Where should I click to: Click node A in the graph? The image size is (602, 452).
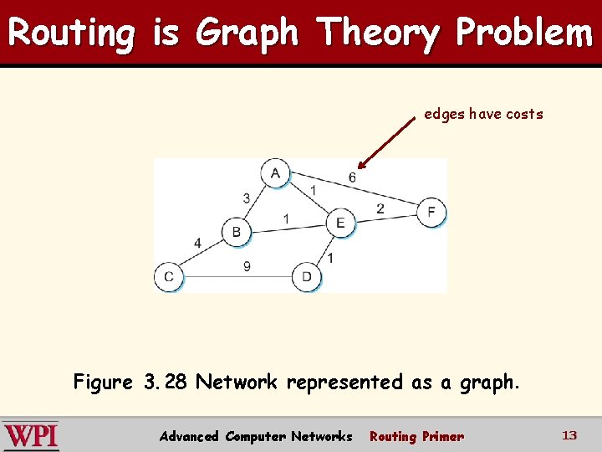click(274, 173)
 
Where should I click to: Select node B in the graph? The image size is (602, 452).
click(236, 232)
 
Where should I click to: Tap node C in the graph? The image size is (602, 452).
click(168, 276)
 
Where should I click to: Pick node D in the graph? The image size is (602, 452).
click(306, 276)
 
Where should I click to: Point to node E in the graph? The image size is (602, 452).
click(339, 223)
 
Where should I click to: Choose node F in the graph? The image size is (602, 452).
click(431, 212)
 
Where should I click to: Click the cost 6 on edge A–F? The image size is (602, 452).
click(352, 177)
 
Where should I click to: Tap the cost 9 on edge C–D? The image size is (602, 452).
click(247, 267)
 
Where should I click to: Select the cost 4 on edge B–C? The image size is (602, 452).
click(197, 244)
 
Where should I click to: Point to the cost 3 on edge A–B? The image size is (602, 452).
click(246, 198)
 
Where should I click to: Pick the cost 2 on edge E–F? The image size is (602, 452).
click(380, 208)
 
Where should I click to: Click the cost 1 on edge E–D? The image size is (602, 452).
click(330, 258)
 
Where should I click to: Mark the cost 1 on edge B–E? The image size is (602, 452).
click(286, 219)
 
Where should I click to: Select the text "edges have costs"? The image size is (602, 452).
click(483, 114)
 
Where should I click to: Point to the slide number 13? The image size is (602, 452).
click(569, 435)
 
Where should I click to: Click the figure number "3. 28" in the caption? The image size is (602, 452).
click(165, 383)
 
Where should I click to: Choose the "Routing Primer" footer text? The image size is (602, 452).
click(416, 436)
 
